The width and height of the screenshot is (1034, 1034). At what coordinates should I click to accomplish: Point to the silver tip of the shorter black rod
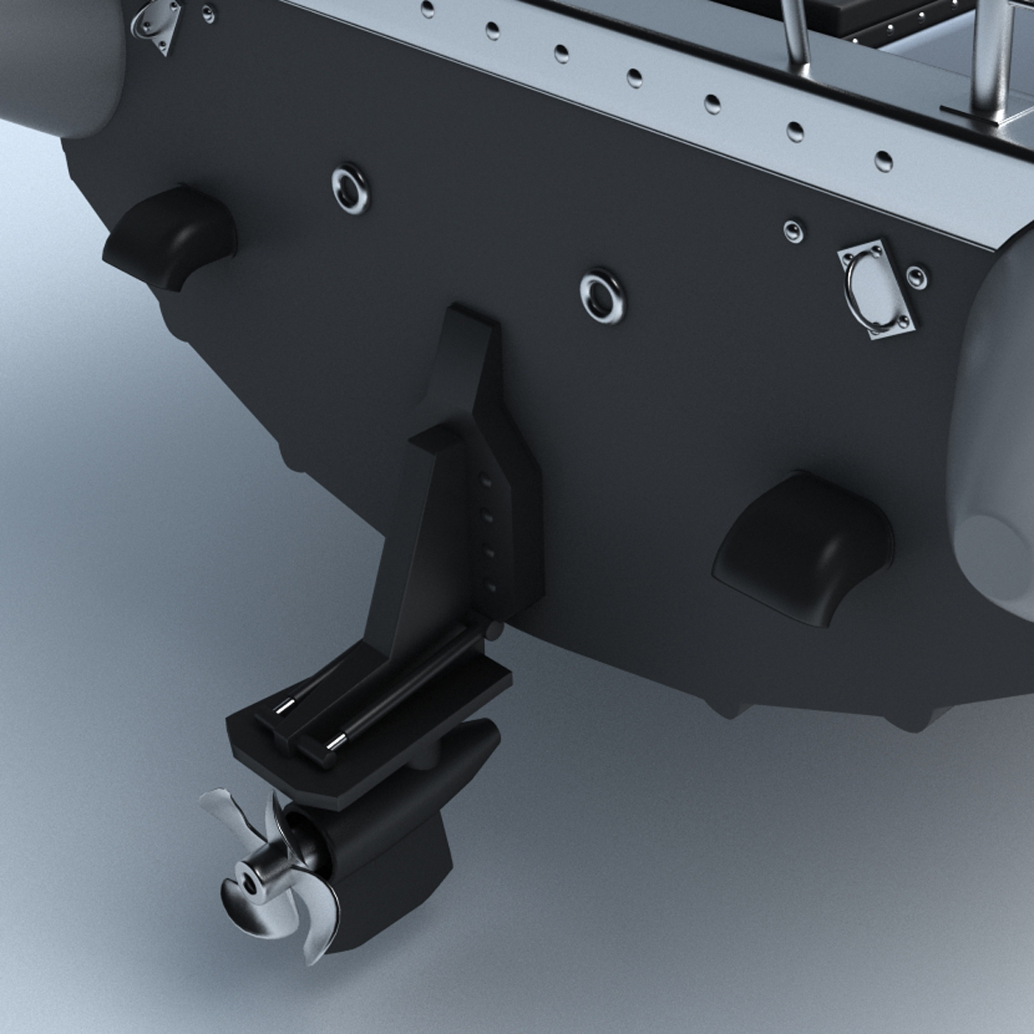283,709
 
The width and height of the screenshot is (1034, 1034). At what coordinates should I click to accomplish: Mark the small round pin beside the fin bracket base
492,632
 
